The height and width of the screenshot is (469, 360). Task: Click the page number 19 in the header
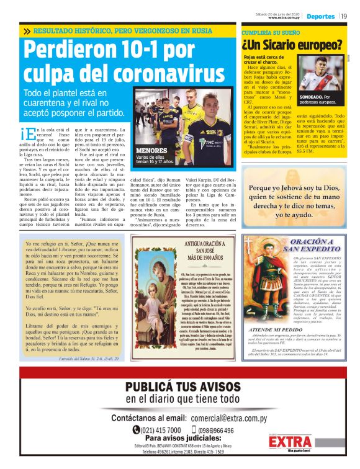tap(344, 16)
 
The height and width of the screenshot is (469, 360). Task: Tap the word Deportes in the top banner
tap(320, 16)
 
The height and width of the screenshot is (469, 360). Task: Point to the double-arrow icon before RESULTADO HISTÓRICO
tap(27, 31)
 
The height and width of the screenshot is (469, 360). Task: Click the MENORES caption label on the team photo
tap(151, 150)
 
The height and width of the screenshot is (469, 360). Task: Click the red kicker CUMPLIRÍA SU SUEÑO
tap(268, 30)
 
